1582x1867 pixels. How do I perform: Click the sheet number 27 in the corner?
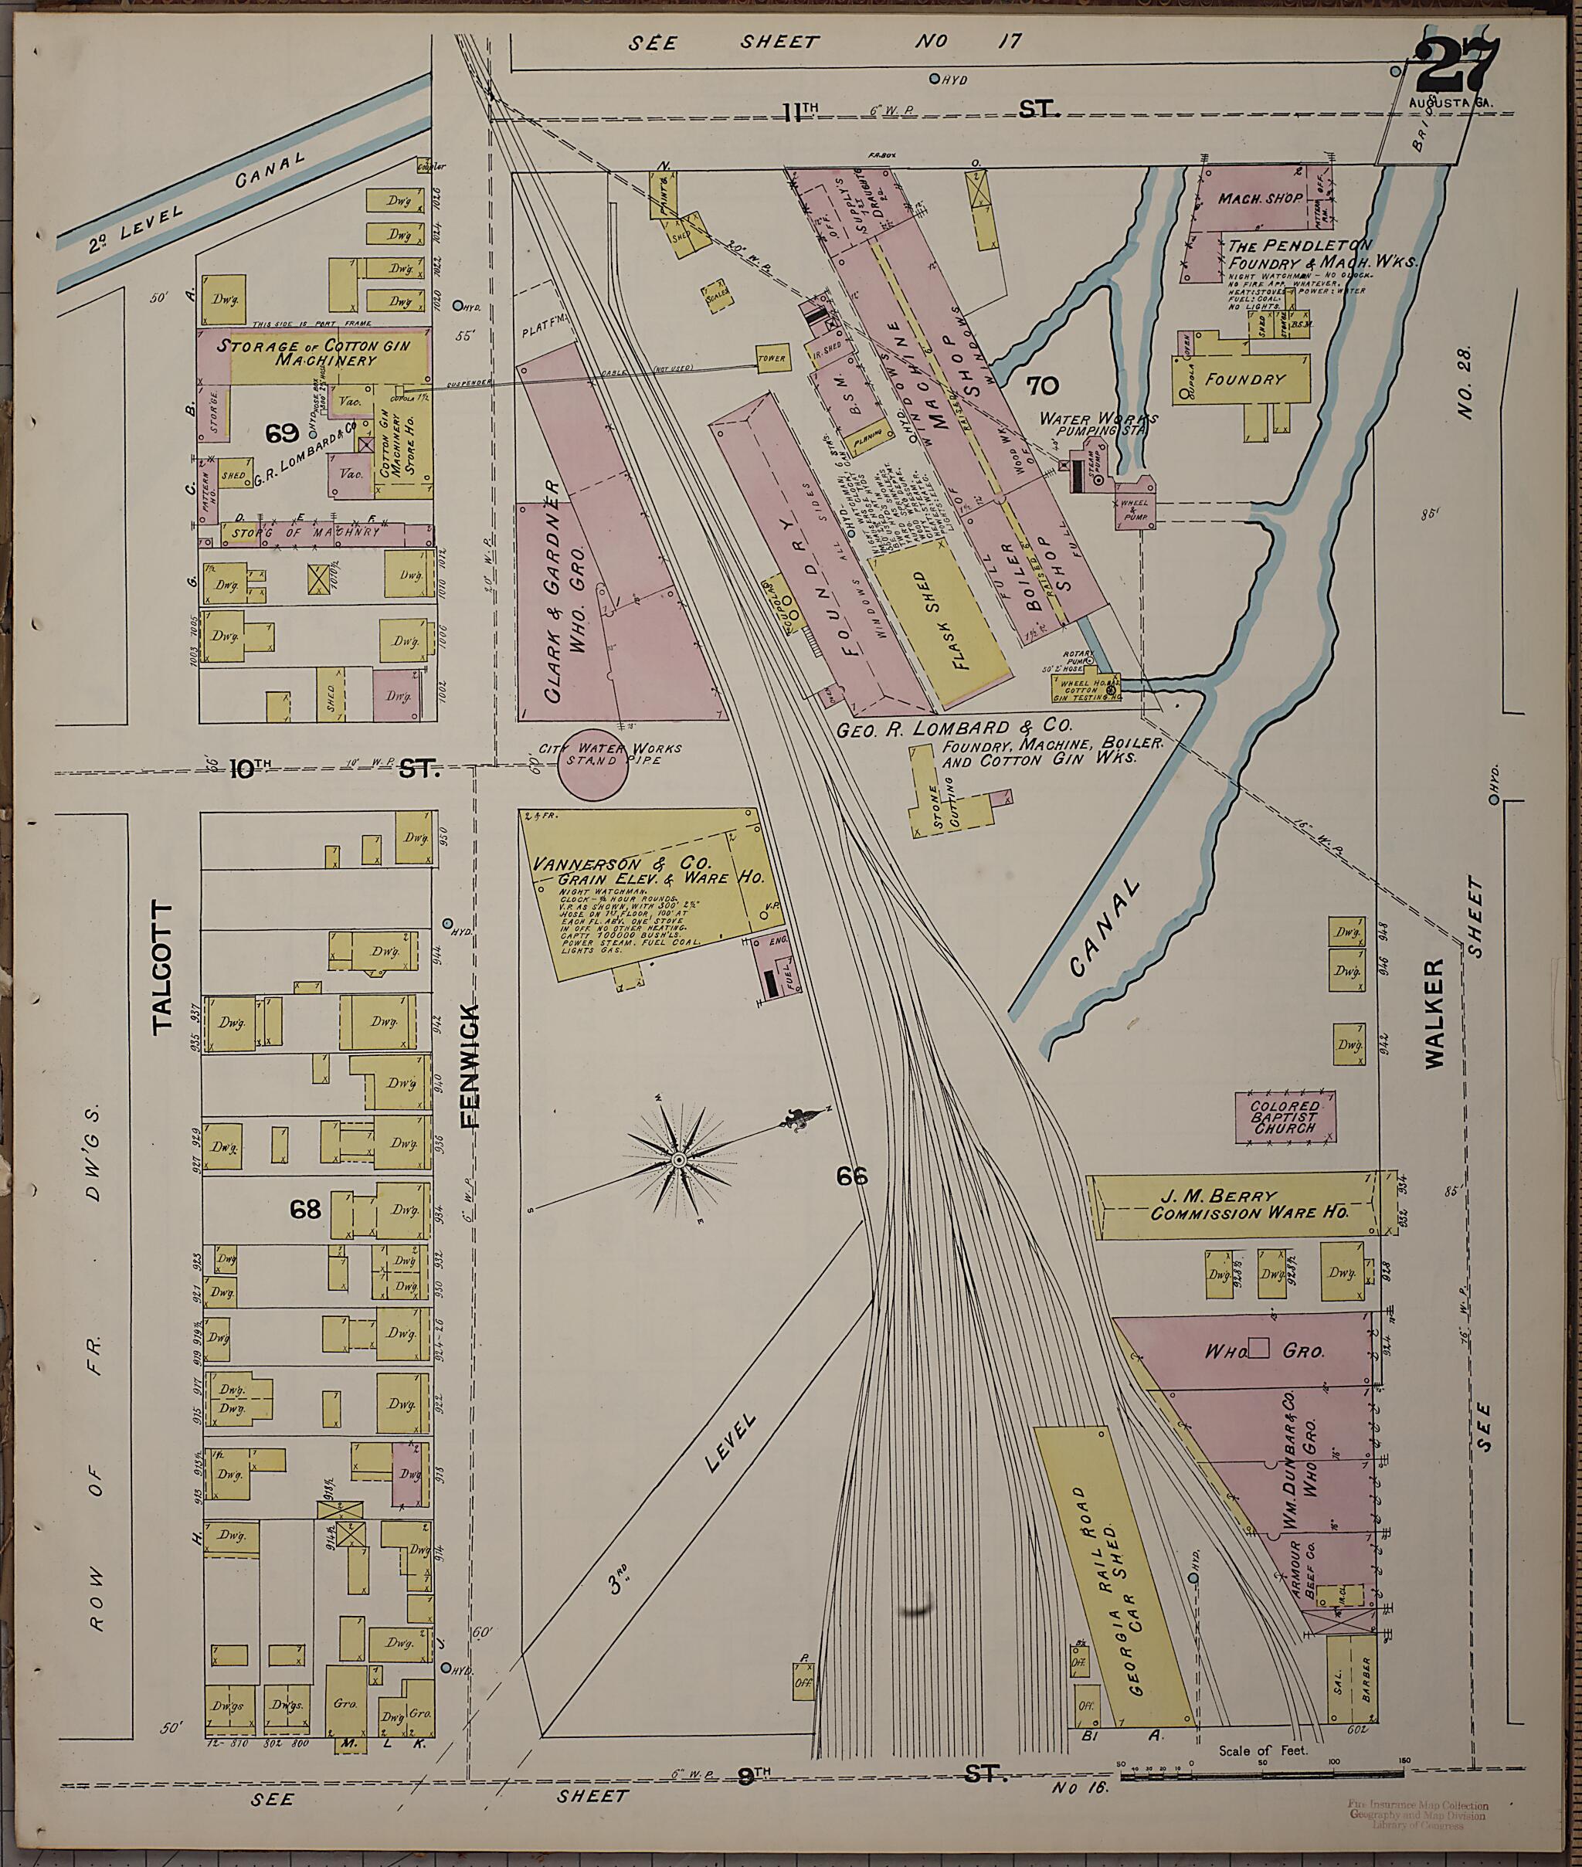point(1459,63)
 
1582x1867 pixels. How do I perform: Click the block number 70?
point(1042,386)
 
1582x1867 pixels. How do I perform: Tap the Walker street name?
point(1434,1013)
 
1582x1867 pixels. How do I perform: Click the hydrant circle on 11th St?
point(934,79)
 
